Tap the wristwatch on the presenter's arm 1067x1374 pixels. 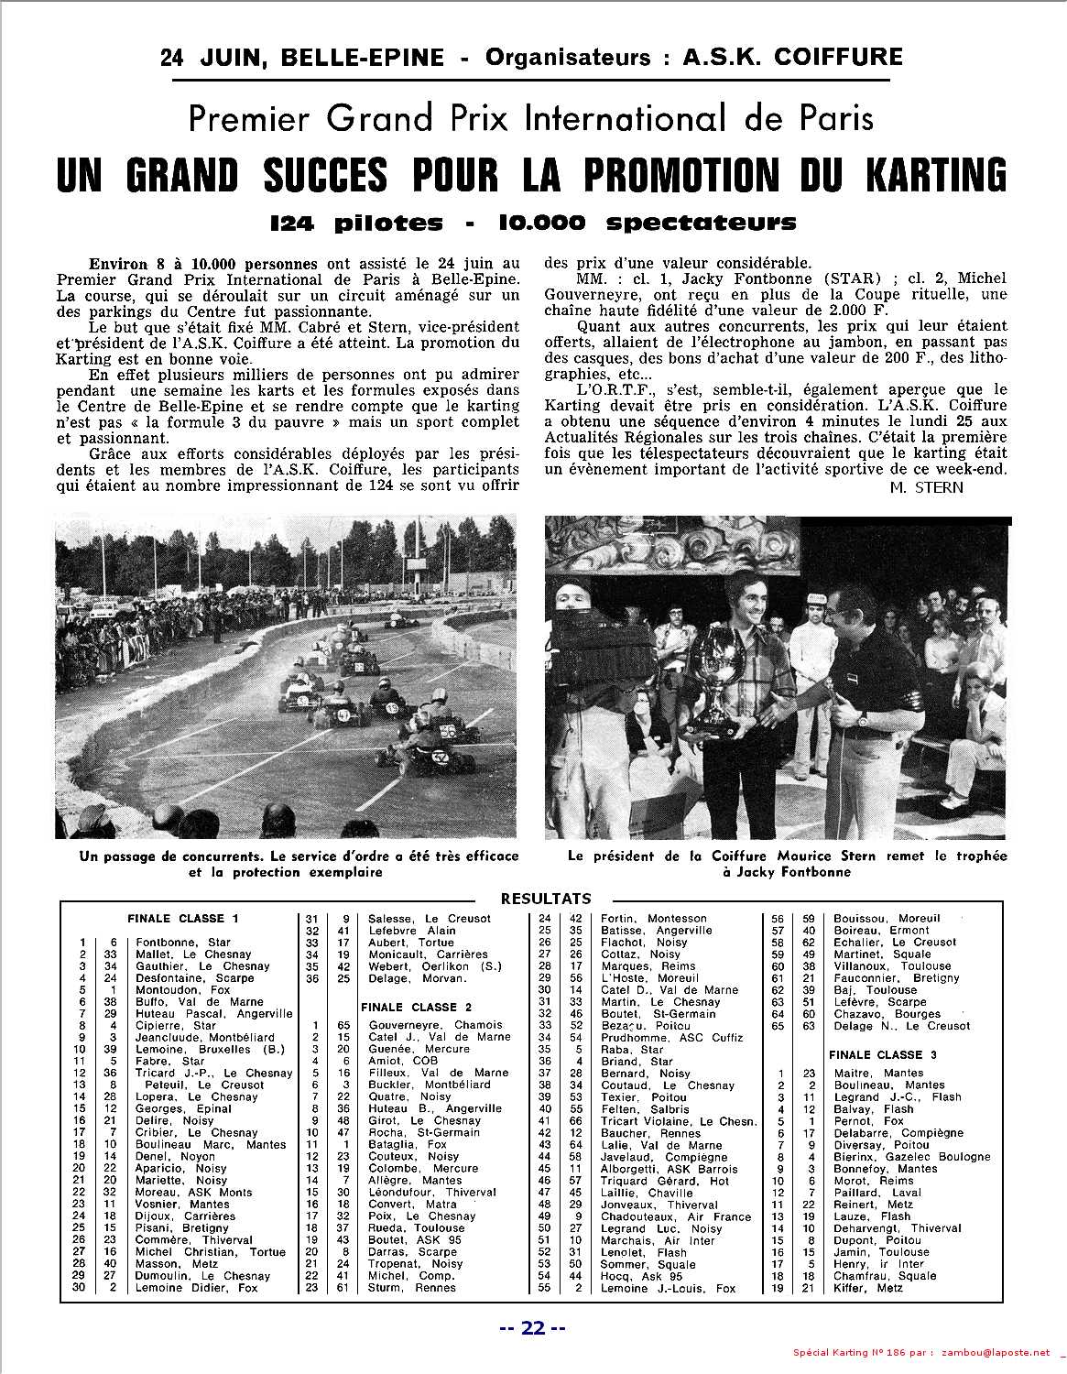coord(862,716)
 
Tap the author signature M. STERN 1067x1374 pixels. coord(926,486)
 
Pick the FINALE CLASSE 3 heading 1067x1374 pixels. coord(882,1054)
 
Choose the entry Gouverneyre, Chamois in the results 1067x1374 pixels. coord(435,1025)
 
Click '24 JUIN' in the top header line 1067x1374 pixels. coord(212,58)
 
